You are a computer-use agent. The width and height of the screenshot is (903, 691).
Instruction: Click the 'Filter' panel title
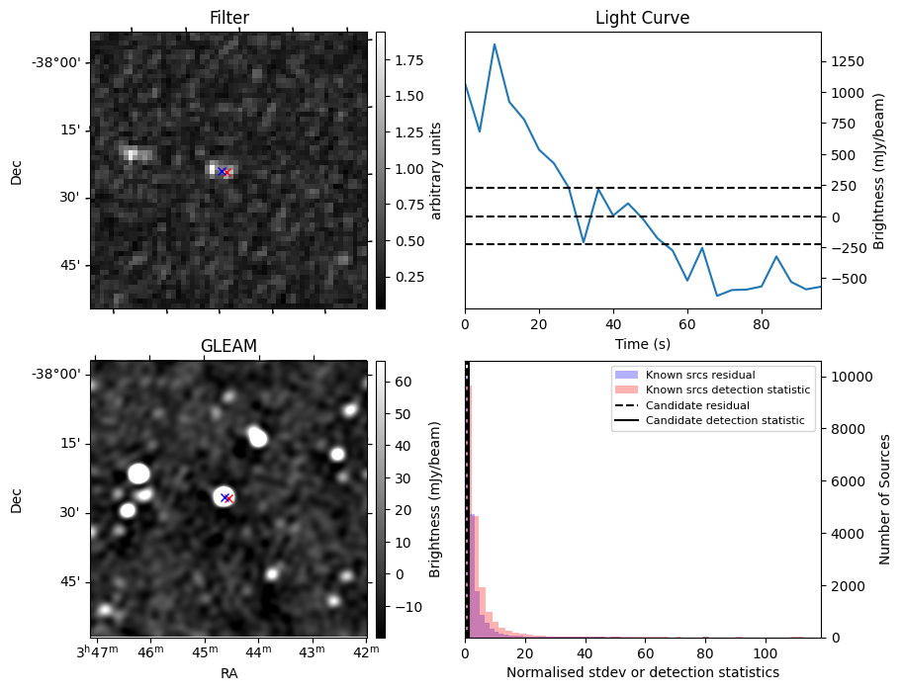point(229,18)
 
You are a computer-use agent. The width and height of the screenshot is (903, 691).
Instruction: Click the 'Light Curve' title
point(642,18)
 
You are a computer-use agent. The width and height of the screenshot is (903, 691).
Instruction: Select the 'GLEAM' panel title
point(228,345)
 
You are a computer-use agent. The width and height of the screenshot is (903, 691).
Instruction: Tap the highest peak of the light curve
point(495,43)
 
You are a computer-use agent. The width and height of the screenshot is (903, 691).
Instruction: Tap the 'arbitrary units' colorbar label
point(436,170)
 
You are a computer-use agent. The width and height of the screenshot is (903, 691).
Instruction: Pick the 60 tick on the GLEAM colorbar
point(404,381)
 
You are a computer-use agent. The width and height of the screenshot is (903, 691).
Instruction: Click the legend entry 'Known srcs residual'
point(699,376)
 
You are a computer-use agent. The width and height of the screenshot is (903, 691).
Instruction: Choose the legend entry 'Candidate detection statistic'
point(724,421)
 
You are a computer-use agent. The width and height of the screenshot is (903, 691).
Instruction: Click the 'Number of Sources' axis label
point(885,499)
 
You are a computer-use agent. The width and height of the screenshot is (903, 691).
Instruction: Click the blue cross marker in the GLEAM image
point(225,497)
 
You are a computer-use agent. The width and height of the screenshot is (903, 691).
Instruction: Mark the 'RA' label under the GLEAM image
point(228,673)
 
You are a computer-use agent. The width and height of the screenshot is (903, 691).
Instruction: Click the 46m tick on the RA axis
point(150,652)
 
